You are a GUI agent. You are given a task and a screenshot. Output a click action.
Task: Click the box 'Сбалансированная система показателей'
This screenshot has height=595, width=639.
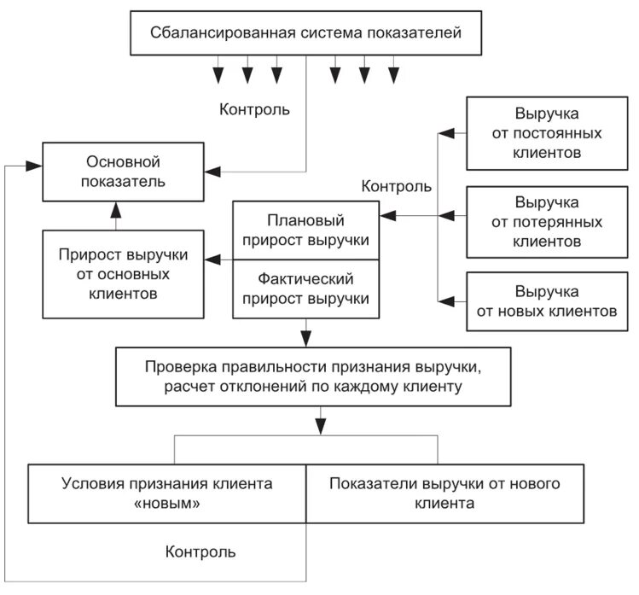tap(306, 34)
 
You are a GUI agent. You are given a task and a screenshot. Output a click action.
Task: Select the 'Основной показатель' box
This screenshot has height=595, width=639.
tap(123, 171)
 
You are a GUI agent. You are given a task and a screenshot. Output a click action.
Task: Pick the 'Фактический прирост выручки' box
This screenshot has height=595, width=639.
tap(305, 289)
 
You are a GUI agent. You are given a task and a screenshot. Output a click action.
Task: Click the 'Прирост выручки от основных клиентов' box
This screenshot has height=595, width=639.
tap(123, 274)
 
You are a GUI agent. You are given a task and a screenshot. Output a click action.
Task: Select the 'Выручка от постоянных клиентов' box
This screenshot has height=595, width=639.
tap(547, 133)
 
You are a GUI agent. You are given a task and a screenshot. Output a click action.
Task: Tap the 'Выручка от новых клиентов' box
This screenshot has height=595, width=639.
tap(547, 301)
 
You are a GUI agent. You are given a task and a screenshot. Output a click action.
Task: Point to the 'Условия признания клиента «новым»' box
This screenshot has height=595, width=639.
tap(167, 493)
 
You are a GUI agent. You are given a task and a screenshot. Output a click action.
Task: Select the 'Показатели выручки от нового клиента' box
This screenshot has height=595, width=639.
tap(444, 493)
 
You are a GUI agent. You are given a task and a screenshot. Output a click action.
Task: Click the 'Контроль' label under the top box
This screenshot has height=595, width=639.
tap(254, 109)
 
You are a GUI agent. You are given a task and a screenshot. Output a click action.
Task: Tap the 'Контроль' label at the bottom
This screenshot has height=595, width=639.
tap(200, 551)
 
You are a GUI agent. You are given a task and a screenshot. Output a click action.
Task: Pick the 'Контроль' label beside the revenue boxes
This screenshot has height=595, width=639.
tap(397, 185)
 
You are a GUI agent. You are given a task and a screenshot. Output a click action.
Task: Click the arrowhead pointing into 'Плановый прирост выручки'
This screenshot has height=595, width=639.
tap(386, 215)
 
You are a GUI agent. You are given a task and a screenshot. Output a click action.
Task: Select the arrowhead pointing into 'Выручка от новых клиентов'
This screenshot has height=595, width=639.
tap(443, 300)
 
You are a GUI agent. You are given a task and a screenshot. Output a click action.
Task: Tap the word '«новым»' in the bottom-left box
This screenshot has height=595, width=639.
tap(167, 504)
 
